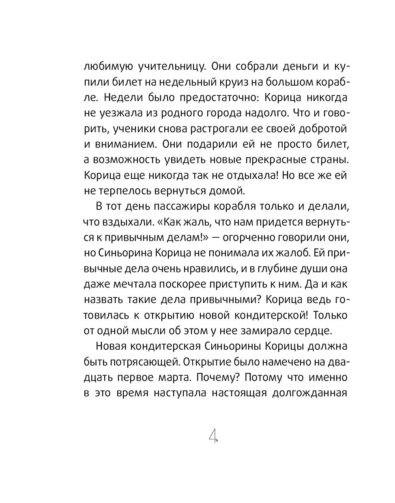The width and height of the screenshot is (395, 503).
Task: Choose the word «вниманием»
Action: point(125,144)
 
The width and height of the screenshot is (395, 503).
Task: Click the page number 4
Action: point(213,436)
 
